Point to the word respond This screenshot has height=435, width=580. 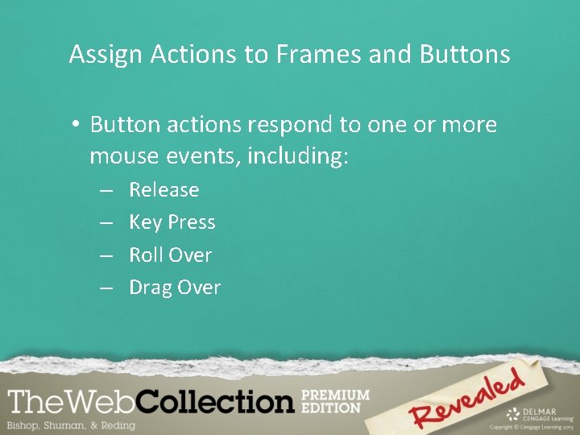[x=286, y=126]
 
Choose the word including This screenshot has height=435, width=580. [x=298, y=155]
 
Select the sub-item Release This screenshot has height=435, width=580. [x=164, y=190]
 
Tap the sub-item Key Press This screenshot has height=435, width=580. [x=172, y=222]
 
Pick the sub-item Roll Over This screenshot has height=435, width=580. [x=170, y=255]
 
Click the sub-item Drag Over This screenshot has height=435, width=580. [x=174, y=288]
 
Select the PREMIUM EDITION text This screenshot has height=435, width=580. [x=334, y=401]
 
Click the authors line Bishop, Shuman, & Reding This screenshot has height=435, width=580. [x=71, y=425]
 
